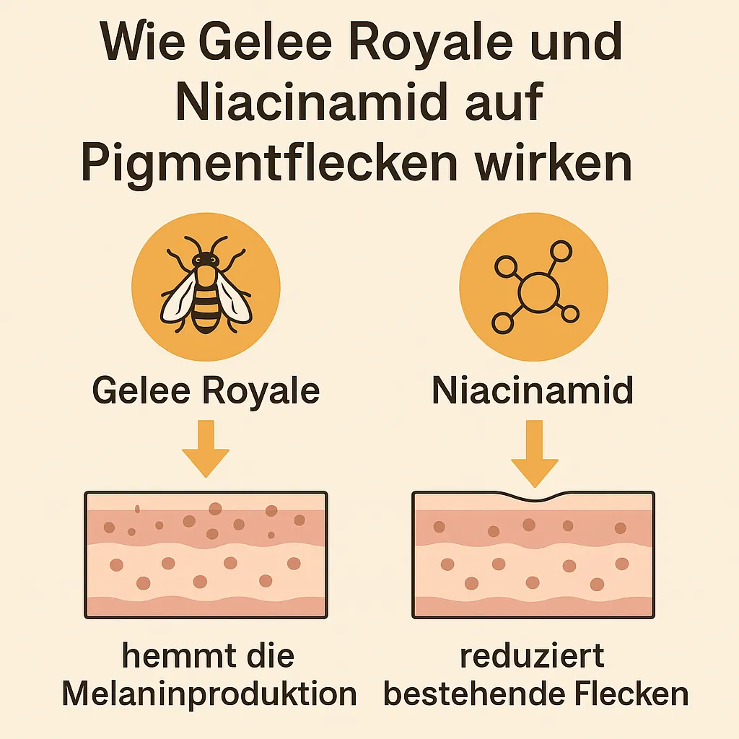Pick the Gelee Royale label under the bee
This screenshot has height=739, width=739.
coord(206,390)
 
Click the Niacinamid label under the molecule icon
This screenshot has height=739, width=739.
coord(533,390)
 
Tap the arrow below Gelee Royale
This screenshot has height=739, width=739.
coord(206,448)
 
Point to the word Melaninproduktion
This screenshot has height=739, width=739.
coord(209,694)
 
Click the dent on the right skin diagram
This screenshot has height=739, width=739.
coord(535,497)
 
